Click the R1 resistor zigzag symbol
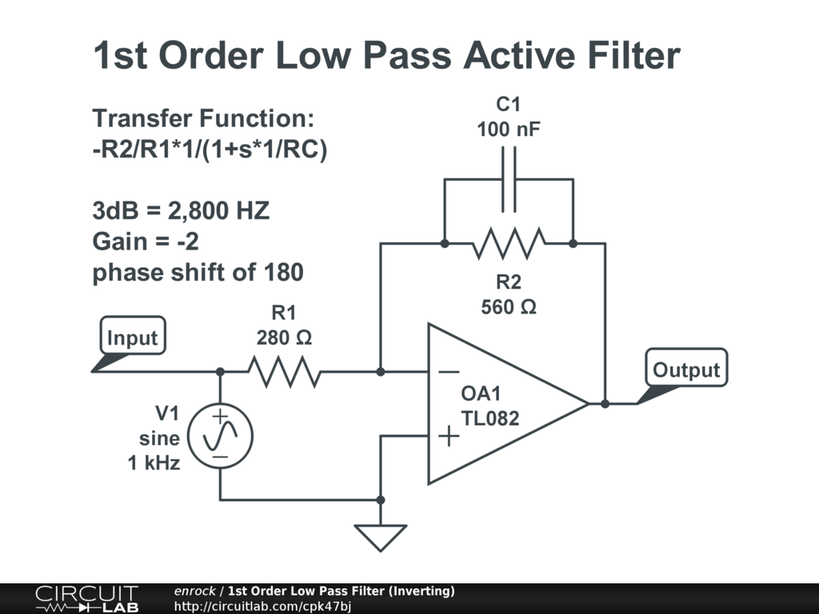coord(284,372)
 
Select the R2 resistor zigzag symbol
coord(509,243)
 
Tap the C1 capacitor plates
coord(509,179)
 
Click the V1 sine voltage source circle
coord(220,436)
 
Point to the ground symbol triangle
coord(381,536)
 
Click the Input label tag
coord(132,337)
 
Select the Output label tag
coord(686,369)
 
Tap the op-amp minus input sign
coord(449,372)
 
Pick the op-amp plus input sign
coord(449,436)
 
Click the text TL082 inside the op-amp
coord(490,417)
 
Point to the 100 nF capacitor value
coord(509,129)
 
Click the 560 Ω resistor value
coord(509,306)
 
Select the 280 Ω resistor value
coord(284,337)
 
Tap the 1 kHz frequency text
coord(154,462)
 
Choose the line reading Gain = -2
coord(146,241)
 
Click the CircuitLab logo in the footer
coord(86,599)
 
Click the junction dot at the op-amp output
coord(605,404)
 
